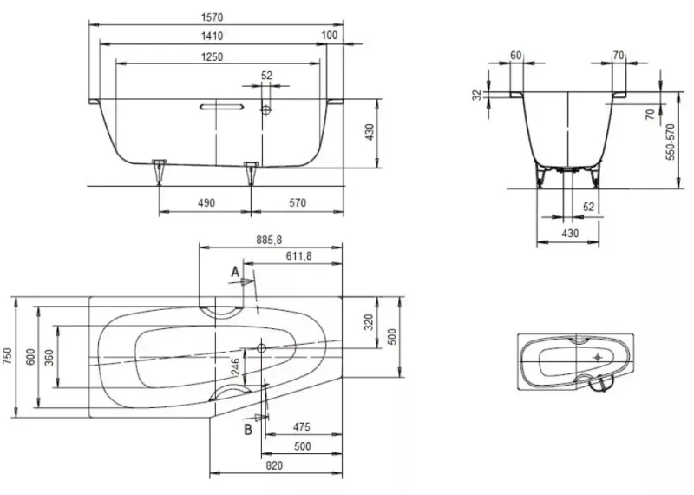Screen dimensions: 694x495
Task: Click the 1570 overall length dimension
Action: click(x=213, y=17)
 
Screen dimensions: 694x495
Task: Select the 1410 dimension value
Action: click(x=212, y=36)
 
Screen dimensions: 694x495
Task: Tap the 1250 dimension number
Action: click(x=212, y=56)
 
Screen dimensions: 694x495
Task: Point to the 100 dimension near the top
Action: click(x=329, y=35)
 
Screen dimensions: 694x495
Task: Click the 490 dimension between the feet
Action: click(x=206, y=203)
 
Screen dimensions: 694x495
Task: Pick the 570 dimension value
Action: click(x=298, y=202)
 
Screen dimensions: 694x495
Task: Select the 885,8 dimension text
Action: click(x=269, y=240)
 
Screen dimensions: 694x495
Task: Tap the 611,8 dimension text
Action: click(x=298, y=255)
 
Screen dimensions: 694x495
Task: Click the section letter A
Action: click(x=235, y=272)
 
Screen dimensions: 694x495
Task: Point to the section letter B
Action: click(x=248, y=429)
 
